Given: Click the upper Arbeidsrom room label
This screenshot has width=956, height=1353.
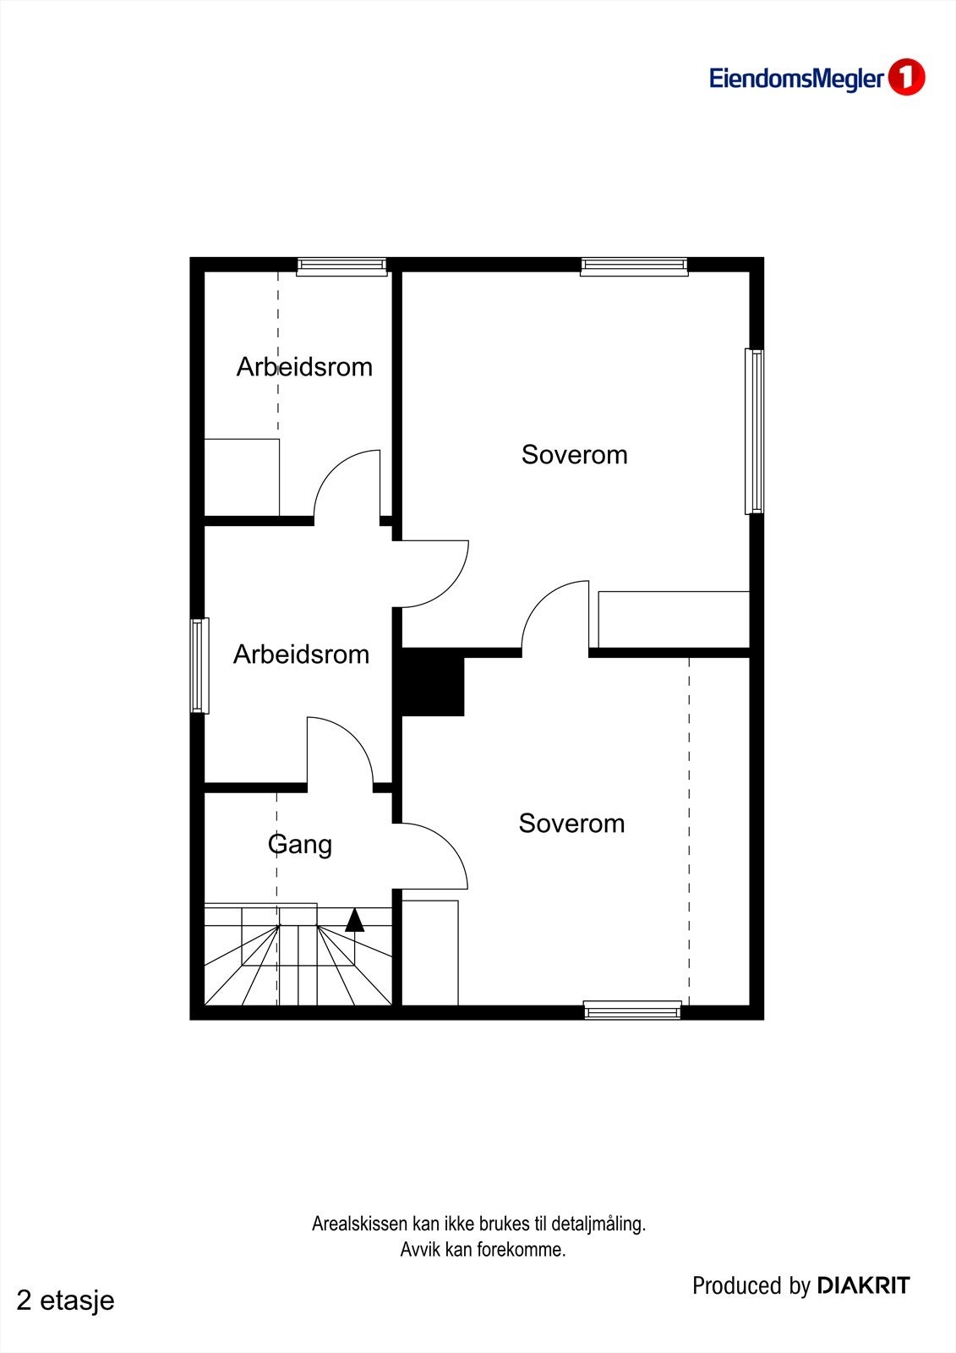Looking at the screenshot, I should (x=304, y=367).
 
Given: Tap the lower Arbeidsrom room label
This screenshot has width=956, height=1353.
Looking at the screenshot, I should (x=301, y=655).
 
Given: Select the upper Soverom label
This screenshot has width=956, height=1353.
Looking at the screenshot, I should (x=574, y=455).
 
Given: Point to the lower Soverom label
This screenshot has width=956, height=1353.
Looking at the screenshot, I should (x=571, y=824).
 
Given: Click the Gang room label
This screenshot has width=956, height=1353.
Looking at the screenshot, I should (x=299, y=844).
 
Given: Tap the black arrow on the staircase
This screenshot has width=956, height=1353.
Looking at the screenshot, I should (x=355, y=920).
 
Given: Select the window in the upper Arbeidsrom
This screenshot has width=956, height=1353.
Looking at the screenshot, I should (x=341, y=266).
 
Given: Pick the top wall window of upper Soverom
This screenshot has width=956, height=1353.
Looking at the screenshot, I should (x=634, y=266).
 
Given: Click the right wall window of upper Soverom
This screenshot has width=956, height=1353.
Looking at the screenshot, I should (x=754, y=431).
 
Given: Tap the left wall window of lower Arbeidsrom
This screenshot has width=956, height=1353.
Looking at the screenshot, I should (x=199, y=666).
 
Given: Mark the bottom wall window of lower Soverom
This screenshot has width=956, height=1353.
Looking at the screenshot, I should (x=632, y=1010).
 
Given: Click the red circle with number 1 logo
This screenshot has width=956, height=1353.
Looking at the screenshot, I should (x=906, y=78).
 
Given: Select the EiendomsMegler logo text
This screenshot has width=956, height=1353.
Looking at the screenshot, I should (x=796, y=79).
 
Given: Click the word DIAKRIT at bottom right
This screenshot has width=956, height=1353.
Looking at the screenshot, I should (x=863, y=1286).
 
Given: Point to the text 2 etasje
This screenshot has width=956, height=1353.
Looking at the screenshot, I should (x=65, y=1301).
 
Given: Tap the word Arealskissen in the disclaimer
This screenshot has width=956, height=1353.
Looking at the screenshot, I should (x=360, y=1224).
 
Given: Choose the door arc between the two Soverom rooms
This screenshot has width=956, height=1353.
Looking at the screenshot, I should (x=554, y=617).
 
